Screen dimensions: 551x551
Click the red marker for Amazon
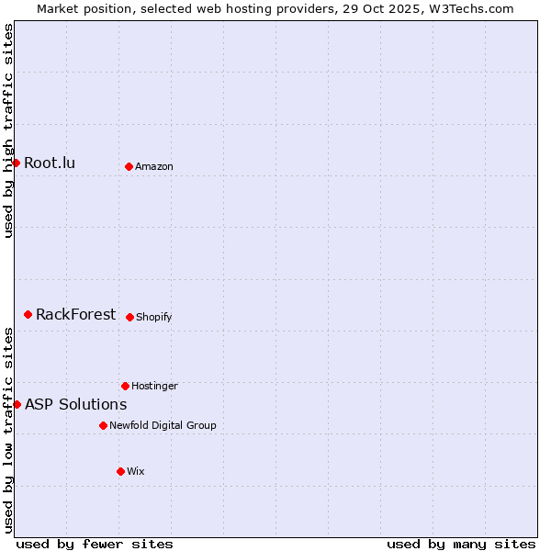point(129,166)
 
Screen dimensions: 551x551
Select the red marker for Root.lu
point(17,163)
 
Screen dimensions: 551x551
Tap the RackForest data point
point(28,314)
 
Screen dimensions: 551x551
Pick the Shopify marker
point(129,317)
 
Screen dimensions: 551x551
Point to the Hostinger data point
point(125,386)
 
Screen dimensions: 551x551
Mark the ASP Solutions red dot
point(17,404)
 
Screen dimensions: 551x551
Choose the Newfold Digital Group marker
point(103,425)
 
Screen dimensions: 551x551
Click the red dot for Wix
point(120,471)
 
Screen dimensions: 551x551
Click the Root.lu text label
point(50,163)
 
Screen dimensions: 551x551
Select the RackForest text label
point(75,315)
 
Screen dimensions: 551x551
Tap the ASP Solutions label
point(75,405)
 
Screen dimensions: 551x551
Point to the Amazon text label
point(154,167)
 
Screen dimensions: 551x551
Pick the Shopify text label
point(154,318)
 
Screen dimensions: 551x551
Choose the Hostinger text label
point(154,387)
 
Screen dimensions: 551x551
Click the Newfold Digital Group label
point(163,426)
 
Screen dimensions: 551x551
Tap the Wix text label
point(136,472)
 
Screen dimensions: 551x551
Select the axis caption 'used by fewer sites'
point(95,544)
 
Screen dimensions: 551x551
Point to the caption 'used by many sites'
point(461,544)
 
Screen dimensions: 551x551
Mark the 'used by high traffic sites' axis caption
point(8,130)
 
